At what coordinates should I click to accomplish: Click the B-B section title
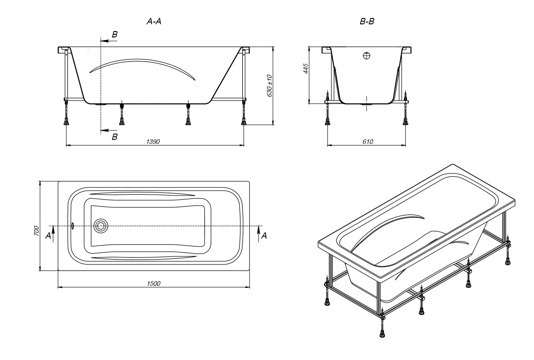367,22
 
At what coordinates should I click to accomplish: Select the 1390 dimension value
154,141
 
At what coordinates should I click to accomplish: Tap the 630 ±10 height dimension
270,86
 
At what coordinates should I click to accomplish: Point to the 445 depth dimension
305,68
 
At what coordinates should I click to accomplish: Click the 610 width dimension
367,141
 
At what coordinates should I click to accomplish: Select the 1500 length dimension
154,283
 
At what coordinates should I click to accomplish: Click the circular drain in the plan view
101,226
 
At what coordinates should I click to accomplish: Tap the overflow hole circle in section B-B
367,56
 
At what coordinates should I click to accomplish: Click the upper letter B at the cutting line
114,35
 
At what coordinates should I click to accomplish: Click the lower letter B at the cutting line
114,137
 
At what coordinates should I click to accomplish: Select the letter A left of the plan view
48,235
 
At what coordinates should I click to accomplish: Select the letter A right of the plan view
264,235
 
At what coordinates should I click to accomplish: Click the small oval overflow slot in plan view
72,225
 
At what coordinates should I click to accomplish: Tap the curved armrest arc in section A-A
142,63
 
